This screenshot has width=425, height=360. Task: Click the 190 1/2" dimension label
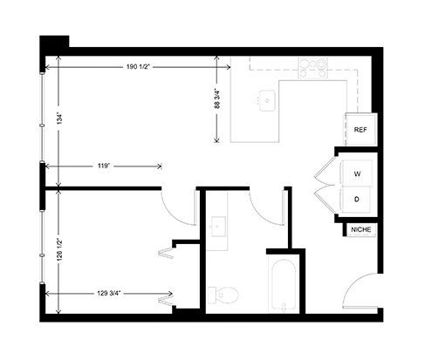click(138, 67)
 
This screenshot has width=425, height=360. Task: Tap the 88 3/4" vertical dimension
click(217, 98)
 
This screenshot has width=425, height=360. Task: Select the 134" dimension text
click(59, 119)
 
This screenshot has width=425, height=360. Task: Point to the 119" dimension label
click(104, 166)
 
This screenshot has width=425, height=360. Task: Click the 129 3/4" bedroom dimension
click(109, 294)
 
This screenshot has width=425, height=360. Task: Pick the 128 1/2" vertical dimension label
click(60, 250)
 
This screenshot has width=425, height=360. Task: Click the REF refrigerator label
click(360, 130)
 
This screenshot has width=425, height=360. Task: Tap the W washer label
click(357, 174)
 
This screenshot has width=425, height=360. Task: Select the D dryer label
click(357, 200)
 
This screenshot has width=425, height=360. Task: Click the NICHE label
click(361, 229)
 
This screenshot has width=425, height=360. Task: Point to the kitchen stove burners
click(312, 68)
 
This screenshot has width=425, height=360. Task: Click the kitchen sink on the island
click(267, 100)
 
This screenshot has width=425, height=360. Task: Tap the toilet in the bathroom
click(223, 295)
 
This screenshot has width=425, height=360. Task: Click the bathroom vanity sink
click(218, 227)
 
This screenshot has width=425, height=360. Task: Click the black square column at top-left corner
click(54, 44)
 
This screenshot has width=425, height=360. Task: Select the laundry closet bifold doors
click(326, 185)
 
